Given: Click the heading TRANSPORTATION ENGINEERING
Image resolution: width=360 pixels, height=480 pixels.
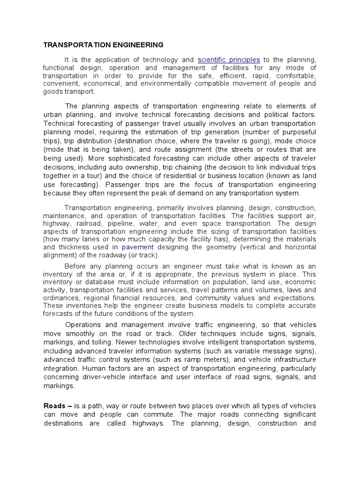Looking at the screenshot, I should click(x=103, y=45).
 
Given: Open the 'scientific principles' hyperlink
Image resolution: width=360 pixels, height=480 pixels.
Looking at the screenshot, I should click(x=229, y=60).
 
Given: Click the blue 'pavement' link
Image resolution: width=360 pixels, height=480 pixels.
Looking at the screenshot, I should click(x=137, y=247).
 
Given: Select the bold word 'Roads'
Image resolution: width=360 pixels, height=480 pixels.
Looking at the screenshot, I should click(x=54, y=406).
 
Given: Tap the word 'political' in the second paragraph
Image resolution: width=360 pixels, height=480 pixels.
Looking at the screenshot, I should click(x=277, y=114).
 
